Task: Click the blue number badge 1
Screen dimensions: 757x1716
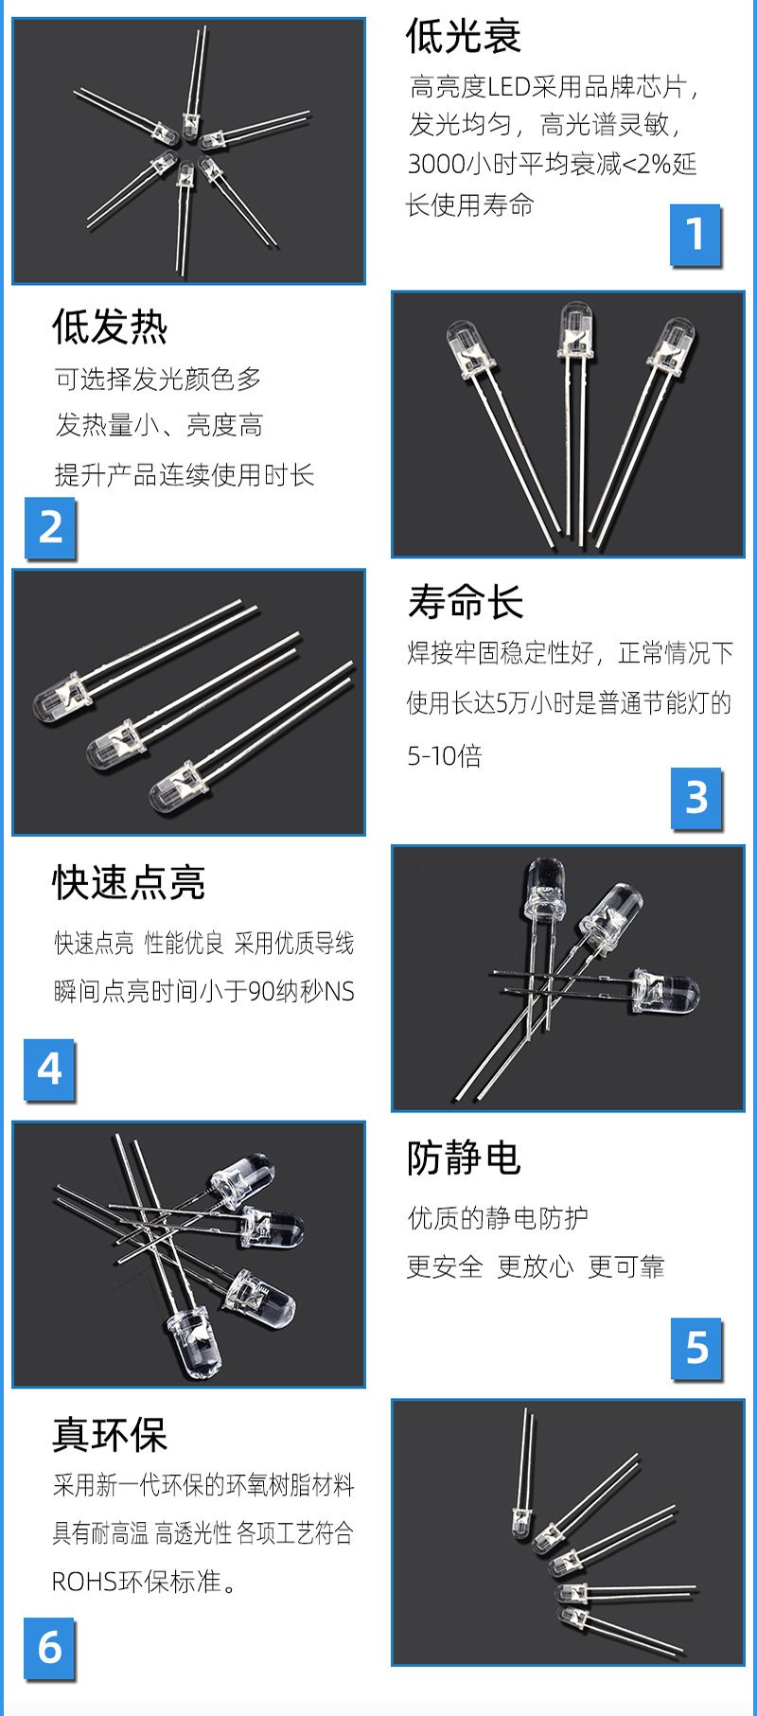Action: (x=695, y=234)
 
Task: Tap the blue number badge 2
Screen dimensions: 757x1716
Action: (x=49, y=527)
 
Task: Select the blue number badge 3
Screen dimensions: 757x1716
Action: (x=695, y=798)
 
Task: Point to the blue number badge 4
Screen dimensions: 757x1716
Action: (x=49, y=1070)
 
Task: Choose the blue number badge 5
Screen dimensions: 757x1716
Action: (x=695, y=1348)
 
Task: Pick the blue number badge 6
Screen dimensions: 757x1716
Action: (x=49, y=1649)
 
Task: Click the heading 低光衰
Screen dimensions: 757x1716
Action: (x=464, y=37)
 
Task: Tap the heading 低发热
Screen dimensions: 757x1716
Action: (x=110, y=327)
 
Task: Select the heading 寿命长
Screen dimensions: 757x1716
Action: (x=465, y=602)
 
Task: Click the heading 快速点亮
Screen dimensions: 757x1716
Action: (x=129, y=882)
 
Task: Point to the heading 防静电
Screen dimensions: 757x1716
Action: (x=464, y=1158)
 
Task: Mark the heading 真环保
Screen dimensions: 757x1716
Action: (x=110, y=1435)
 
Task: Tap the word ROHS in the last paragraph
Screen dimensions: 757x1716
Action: (x=84, y=1582)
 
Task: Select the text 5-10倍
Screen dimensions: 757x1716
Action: (x=445, y=755)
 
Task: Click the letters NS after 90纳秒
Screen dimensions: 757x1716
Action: (x=339, y=992)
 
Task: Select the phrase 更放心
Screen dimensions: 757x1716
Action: (x=536, y=1266)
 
